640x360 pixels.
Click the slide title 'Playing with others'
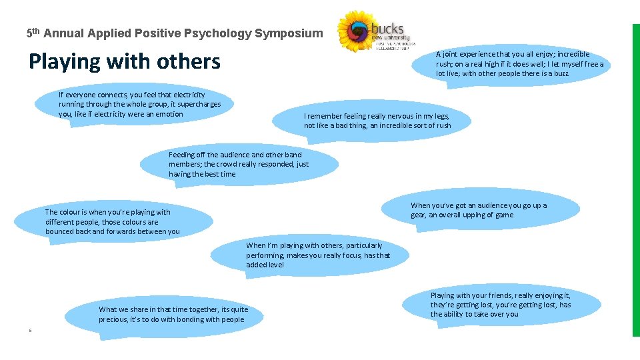coord(124,61)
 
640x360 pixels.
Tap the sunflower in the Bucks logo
coord(361,31)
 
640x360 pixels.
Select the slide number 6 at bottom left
coord(30,330)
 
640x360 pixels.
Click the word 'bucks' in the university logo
coord(387,29)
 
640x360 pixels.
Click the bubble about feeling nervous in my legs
coord(377,121)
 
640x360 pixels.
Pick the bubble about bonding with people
coord(173,314)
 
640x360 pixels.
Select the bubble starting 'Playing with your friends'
coord(500,305)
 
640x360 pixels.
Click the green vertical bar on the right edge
coord(635,180)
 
